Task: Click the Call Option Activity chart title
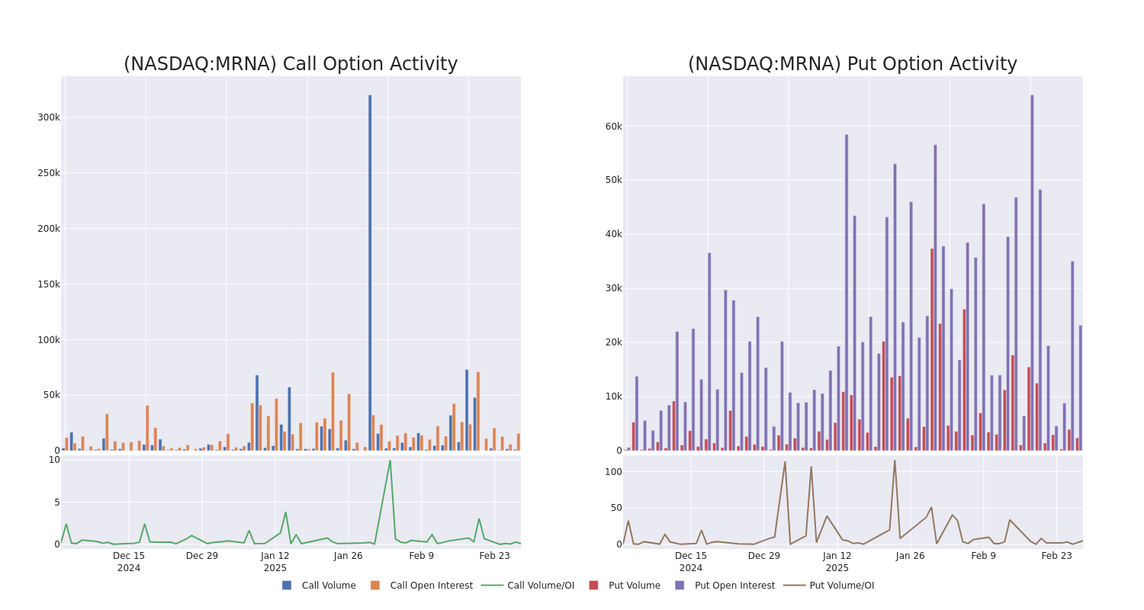(291, 64)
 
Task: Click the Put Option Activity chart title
(852, 64)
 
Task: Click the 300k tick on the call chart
(48, 117)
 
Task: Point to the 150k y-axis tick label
(48, 284)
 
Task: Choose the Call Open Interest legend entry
(430, 586)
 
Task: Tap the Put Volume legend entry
(634, 586)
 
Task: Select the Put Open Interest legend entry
(734, 586)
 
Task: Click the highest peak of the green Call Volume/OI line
(390, 461)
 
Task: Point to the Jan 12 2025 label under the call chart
(275, 561)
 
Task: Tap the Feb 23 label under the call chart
(494, 556)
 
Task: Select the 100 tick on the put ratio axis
(613, 472)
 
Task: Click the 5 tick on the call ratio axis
(56, 502)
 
